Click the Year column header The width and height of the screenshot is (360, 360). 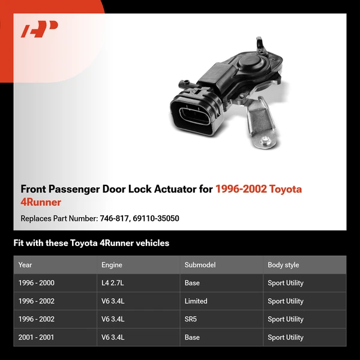[25, 265]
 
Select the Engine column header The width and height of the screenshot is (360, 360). [112, 265]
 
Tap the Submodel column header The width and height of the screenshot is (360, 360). [200, 265]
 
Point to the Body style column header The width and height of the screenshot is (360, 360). [283, 265]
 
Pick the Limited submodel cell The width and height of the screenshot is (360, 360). [196, 301]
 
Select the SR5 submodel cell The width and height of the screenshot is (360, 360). [191, 319]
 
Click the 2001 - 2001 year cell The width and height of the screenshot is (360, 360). [36, 337]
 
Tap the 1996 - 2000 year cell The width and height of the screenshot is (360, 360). [36, 283]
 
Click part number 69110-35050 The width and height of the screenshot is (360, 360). [156, 218]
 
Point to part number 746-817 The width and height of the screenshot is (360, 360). [113, 218]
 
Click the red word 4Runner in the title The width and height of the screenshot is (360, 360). [41, 202]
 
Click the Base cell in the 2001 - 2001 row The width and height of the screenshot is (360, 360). [192, 337]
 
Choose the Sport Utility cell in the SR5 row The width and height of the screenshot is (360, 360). [286, 319]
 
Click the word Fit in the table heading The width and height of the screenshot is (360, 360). [19, 243]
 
